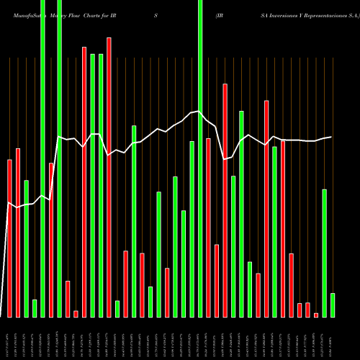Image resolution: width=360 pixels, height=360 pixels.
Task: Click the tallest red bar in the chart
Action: (109, 176)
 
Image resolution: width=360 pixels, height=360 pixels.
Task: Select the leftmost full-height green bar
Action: (42, 158)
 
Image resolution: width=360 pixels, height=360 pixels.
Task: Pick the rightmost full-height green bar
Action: (200, 158)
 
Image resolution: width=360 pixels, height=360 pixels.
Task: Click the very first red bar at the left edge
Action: (9, 238)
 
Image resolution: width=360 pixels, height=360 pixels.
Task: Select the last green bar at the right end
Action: (333, 305)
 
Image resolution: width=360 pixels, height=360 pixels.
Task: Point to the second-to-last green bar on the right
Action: (325, 253)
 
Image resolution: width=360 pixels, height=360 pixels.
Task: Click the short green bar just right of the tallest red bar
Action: (117, 308)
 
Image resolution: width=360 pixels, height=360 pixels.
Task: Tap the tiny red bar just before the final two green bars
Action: (316, 315)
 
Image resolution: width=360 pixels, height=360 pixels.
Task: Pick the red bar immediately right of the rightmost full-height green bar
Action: (208, 227)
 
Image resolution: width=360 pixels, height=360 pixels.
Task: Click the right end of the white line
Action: (331, 137)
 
